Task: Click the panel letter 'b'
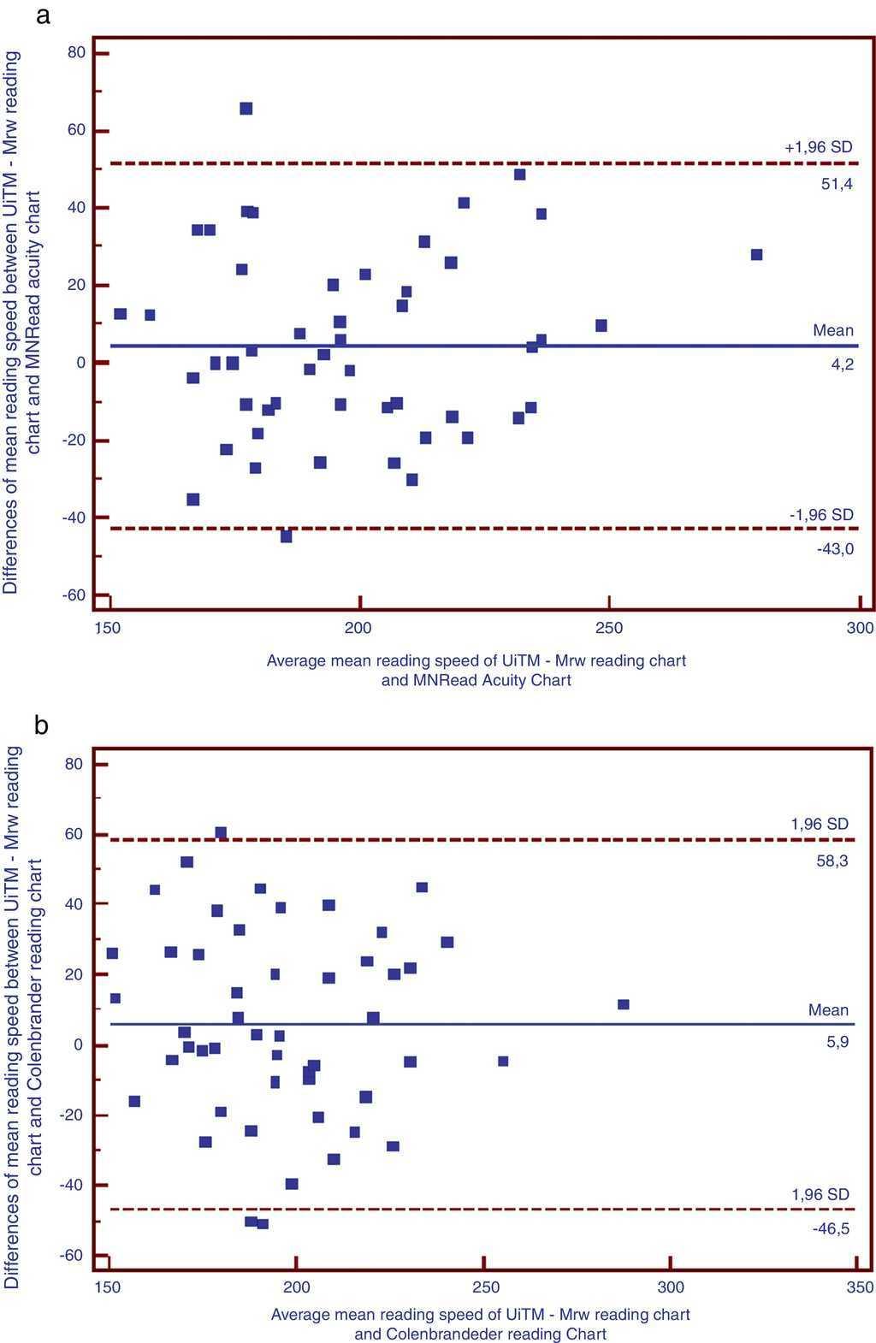coord(42,725)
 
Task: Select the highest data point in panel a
coord(246,109)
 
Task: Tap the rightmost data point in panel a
coord(756,255)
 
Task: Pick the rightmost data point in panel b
coord(624,1004)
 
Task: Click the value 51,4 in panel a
coord(837,184)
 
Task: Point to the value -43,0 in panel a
coord(835,549)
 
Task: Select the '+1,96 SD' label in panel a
coord(819,147)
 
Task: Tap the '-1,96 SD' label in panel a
coord(821,515)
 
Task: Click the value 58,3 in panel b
coord(832,861)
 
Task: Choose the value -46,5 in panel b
coord(832,1228)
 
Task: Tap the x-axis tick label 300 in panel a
coord(859,629)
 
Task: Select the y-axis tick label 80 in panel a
coord(76,53)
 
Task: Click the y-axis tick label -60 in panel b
coord(72,1255)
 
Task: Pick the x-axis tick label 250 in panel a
coord(609,629)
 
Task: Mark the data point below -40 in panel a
coord(287,536)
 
